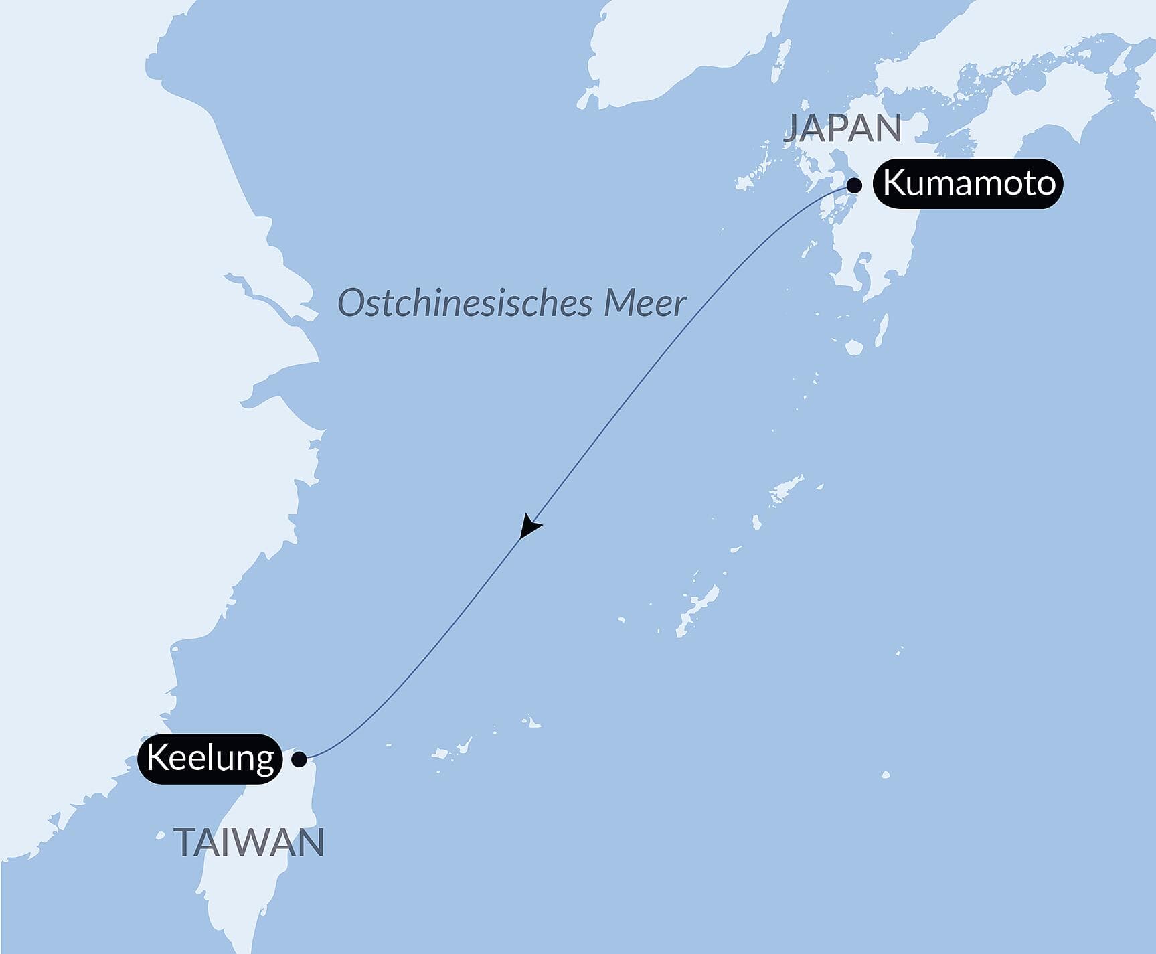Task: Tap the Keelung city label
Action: pyautogui.click(x=210, y=759)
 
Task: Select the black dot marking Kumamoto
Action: pyautogui.click(x=855, y=185)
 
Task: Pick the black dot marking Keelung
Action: pyautogui.click(x=300, y=759)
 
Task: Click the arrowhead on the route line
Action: pyautogui.click(x=529, y=526)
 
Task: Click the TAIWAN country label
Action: pyautogui.click(x=250, y=843)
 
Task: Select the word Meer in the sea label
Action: pyautogui.click(x=645, y=303)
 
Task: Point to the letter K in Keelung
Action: pyautogui.click(x=156, y=759)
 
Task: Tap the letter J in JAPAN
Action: pyautogui.click(x=791, y=129)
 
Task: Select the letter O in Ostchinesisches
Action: pyautogui.click(x=349, y=303)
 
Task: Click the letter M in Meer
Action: pyautogui.click(x=620, y=303)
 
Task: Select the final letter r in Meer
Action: pyautogui.click(x=680, y=305)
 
